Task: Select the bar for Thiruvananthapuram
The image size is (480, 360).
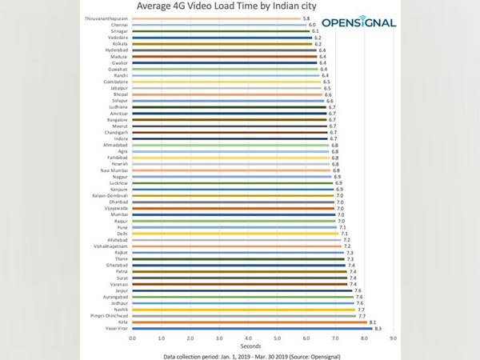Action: pyautogui.click(x=216, y=18)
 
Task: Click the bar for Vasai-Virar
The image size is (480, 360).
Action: pyautogui.click(x=252, y=329)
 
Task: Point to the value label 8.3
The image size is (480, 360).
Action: pyautogui.click(x=378, y=329)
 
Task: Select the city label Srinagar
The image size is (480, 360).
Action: pyautogui.click(x=118, y=31)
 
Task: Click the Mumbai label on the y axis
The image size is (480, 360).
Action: pyautogui.click(x=118, y=214)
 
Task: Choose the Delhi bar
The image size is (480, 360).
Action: pyautogui.click(x=235, y=234)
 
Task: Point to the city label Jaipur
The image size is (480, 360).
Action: pyautogui.click(x=120, y=290)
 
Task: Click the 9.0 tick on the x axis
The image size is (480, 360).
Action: pyautogui.click(x=393, y=338)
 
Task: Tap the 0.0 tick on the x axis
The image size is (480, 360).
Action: pyautogui.click(x=133, y=338)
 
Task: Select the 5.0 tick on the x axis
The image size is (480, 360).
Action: pyautogui.click(x=277, y=338)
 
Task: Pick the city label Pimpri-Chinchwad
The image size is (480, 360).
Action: pyautogui.click(x=111, y=316)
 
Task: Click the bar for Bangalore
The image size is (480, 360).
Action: pyautogui.click(x=230, y=119)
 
